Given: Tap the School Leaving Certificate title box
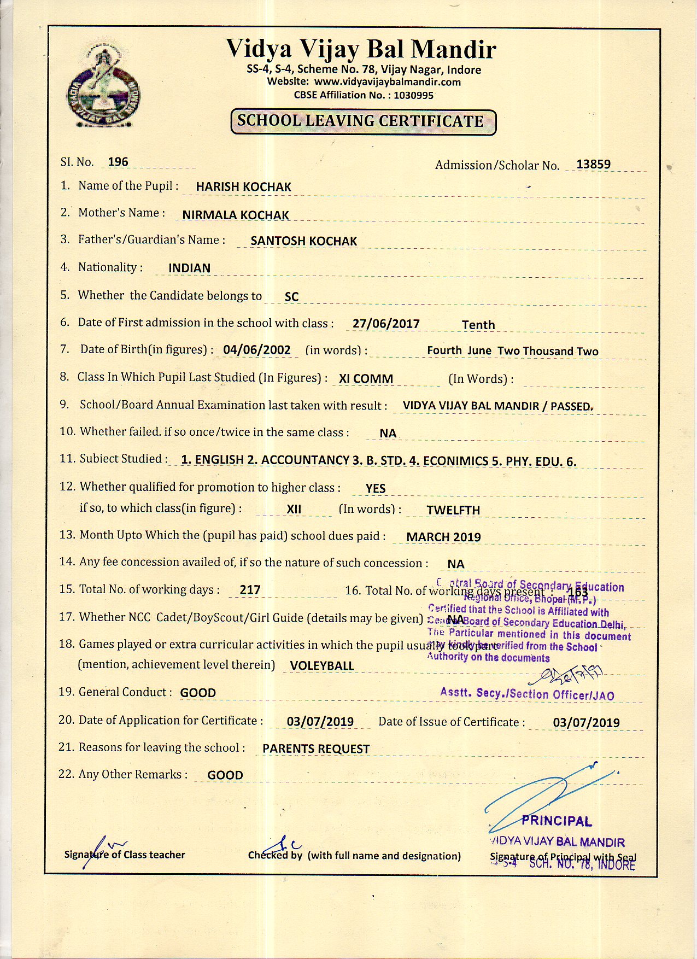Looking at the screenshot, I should [363, 121].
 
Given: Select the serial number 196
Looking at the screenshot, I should [118, 162].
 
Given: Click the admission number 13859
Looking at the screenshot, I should [593, 164].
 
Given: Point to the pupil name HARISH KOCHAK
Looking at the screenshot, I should [243, 187].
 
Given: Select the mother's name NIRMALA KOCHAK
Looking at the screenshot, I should [236, 215].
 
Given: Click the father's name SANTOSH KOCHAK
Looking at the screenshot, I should [303, 241].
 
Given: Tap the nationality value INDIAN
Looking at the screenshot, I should [189, 268].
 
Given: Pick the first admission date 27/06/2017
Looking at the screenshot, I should [386, 324].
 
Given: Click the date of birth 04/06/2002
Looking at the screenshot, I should [257, 350].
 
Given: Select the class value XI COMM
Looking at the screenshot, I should [366, 379].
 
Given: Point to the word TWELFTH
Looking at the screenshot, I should [453, 510].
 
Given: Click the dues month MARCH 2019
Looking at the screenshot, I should [443, 537].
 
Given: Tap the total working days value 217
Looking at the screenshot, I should [250, 590].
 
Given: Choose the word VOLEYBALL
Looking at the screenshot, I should [322, 666].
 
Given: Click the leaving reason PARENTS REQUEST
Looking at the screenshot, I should [316, 749].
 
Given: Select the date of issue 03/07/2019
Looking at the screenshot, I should [586, 723].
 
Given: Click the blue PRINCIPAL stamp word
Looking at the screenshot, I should [557, 821].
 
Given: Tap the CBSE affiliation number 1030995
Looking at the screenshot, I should [413, 95].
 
